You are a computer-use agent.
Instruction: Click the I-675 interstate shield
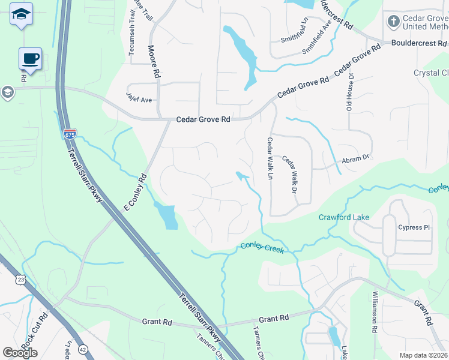tap(70, 134)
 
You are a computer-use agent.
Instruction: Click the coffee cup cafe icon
tap(31, 59)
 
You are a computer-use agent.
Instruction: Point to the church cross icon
tap(393, 22)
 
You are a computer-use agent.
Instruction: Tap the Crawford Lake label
tap(343, 217)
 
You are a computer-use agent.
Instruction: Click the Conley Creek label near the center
tap(262, 246)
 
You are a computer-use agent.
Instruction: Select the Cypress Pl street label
tap(415, 227)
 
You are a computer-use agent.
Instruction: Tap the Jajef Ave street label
tap(139, 97)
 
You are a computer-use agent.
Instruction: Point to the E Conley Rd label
tap(135, 193)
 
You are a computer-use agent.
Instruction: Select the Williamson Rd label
tap(374, 313)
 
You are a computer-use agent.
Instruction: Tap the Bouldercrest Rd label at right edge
tap(419, 43)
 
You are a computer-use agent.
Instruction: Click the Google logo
tap(20, 352)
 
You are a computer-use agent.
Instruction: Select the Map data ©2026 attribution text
tap(423, 355)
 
